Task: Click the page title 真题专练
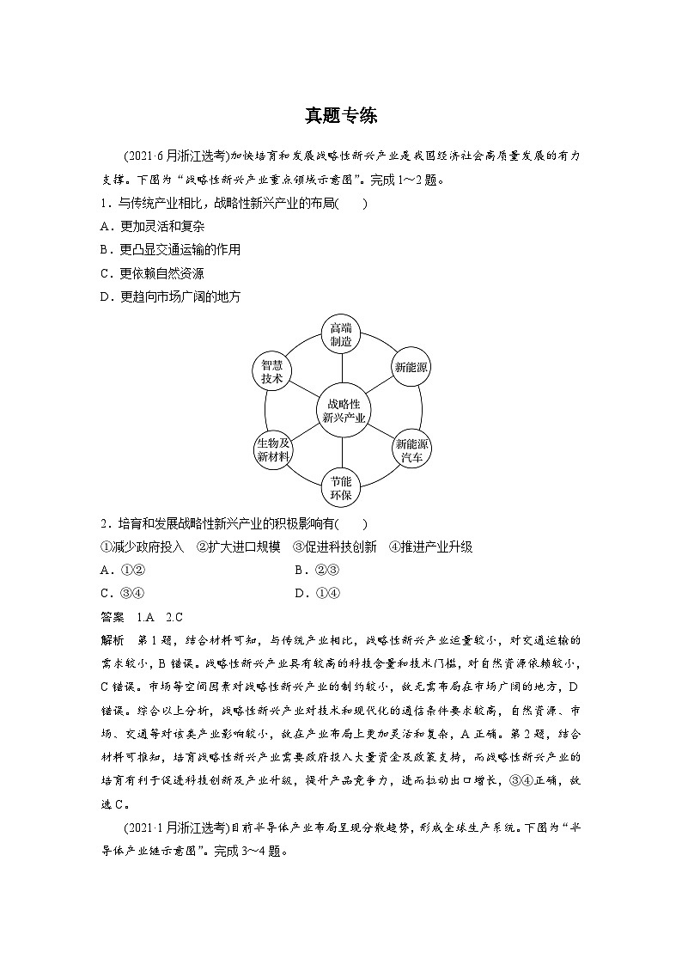coord(341,115)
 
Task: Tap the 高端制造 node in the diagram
coord(341,334)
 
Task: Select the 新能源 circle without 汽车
coord(411,368)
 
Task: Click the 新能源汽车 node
coord(411,450)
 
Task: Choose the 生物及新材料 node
coord(272,450)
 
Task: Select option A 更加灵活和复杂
coord(152,226)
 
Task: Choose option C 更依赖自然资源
coord(152,273)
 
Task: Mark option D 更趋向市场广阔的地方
coord(170,296)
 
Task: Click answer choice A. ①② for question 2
coord(121,570)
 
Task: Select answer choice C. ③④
coord(121,593)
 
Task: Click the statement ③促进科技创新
coord(334,547)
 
